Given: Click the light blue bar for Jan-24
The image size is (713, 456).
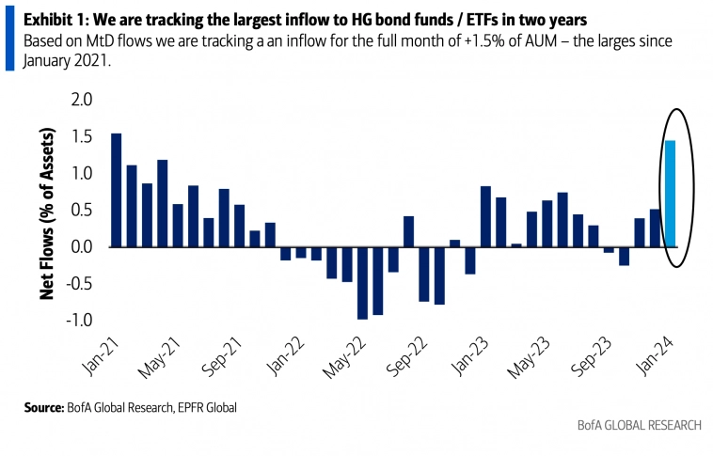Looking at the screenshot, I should click(x=671, y=194).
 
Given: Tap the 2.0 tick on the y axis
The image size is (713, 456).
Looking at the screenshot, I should click(x=84, y=100).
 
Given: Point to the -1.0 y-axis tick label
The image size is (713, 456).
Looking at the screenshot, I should click(x=81, y=321).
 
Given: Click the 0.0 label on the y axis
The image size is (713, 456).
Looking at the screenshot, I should click(x=84, y=247).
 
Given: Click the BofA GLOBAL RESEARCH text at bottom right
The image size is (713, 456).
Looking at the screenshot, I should click(x=639, y=425).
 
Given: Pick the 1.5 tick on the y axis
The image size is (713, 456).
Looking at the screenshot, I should click(x=84, y=136).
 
